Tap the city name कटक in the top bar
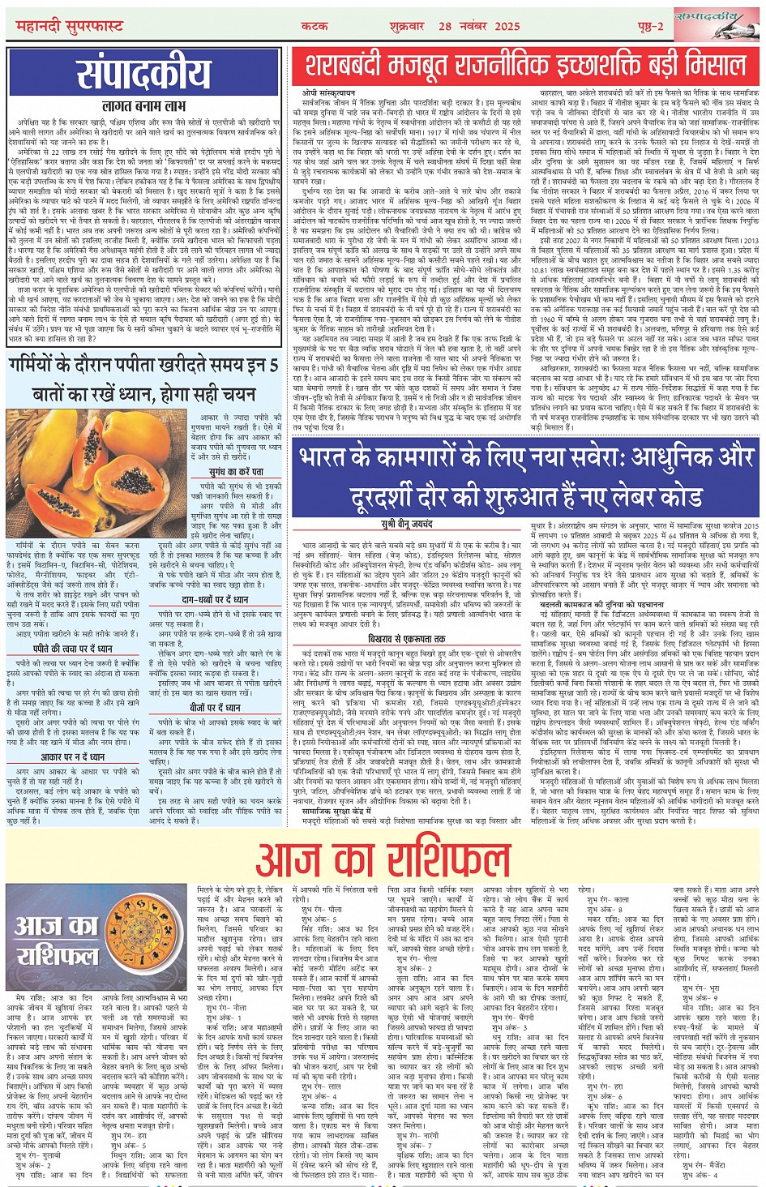315,26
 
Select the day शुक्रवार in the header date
405,26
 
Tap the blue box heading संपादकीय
143,75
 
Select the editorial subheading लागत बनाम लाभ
143,105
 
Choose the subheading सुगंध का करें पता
235,471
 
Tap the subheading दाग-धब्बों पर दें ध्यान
214,599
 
